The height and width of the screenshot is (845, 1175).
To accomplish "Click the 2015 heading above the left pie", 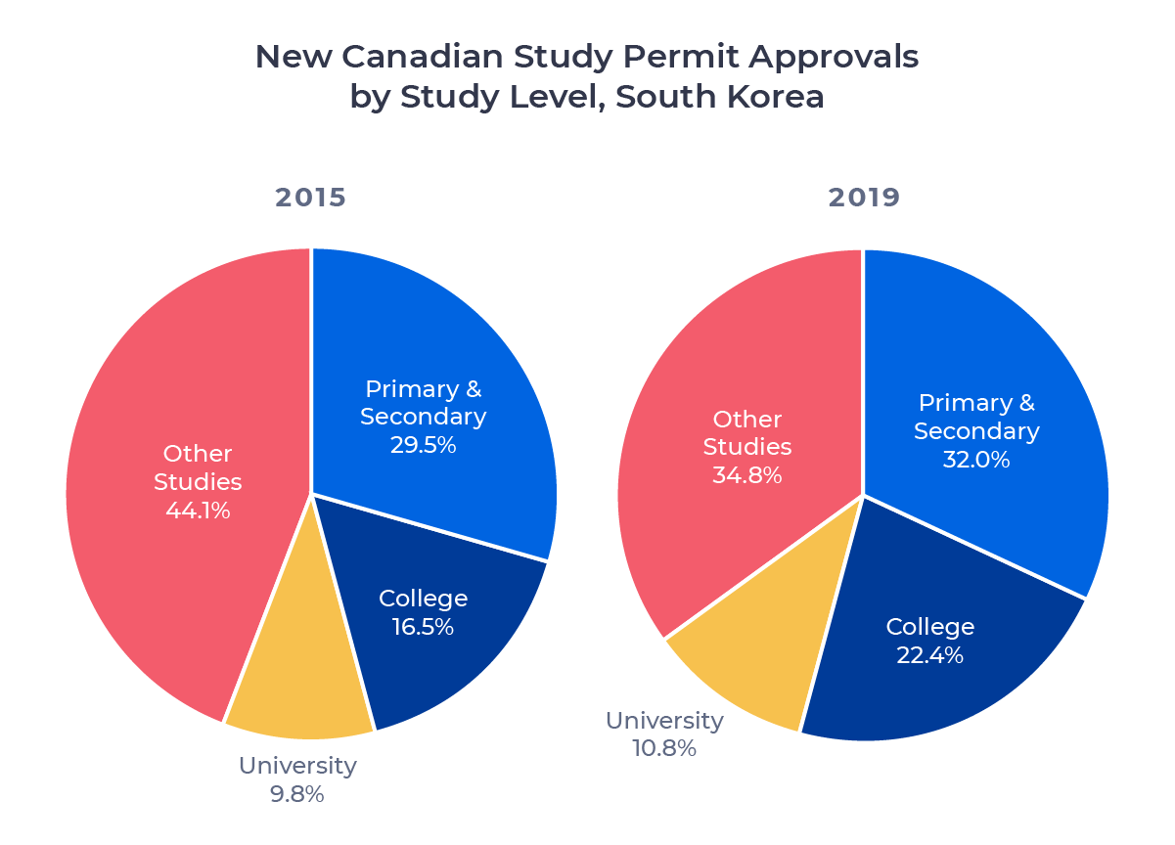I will point(310,198).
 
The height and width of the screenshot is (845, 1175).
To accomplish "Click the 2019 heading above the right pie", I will point(864,198).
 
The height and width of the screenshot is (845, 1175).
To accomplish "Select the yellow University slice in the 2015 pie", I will point(298,685).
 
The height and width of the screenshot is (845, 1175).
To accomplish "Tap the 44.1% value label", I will point(198,511).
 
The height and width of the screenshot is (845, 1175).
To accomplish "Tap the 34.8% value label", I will point(747,476).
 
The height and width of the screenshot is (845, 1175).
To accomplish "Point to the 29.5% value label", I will point(423,445).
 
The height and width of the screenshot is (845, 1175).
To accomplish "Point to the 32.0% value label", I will point(976,460).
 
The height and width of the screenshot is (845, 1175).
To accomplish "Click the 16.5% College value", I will point(423,628).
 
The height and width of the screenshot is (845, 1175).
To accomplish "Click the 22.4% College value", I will point(929,655).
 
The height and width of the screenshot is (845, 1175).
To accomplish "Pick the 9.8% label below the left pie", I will point(297,794).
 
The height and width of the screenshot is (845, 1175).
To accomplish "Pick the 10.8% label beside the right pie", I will point(664,749).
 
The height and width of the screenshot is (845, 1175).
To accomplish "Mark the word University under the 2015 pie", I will point(297,766).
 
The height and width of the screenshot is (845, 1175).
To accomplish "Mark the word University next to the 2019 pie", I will point(664,722).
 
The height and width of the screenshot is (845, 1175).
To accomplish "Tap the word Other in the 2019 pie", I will point(747,420).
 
